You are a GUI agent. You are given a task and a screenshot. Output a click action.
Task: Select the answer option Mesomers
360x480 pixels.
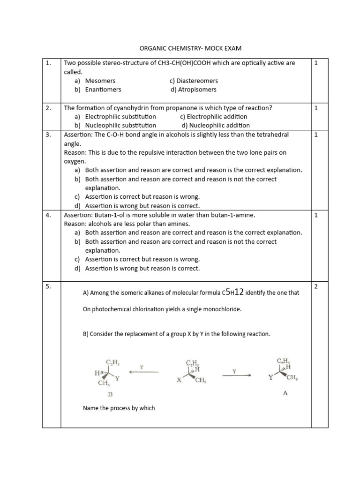100,81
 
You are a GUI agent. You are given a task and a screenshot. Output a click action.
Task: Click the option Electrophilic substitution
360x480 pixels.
120,116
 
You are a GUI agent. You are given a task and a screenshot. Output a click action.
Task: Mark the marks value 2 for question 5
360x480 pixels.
316,286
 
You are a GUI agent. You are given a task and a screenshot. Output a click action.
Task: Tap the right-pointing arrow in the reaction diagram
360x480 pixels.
235,375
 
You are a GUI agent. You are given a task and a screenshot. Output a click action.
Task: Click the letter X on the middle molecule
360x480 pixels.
179,381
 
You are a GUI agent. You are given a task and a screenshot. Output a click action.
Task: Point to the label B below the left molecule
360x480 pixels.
111,394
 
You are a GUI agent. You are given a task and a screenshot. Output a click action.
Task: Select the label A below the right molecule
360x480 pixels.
285,393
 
